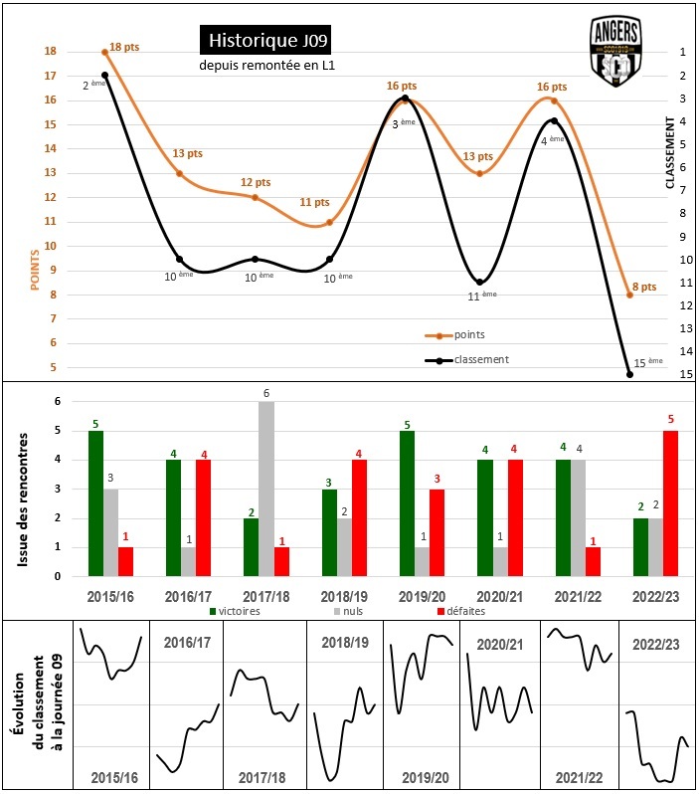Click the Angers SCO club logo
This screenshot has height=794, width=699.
[x=616, y=52]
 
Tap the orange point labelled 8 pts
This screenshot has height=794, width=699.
[x=629, y=295]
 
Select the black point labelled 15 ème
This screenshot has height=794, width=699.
[x=629, y=374]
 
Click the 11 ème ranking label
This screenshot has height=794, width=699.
[x=482, y=295]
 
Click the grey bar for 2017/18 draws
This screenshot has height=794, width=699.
[x=265, y=489]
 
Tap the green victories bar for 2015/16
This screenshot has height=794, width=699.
[x=95, y=503]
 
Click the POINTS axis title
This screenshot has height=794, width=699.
[x=36, y=269]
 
